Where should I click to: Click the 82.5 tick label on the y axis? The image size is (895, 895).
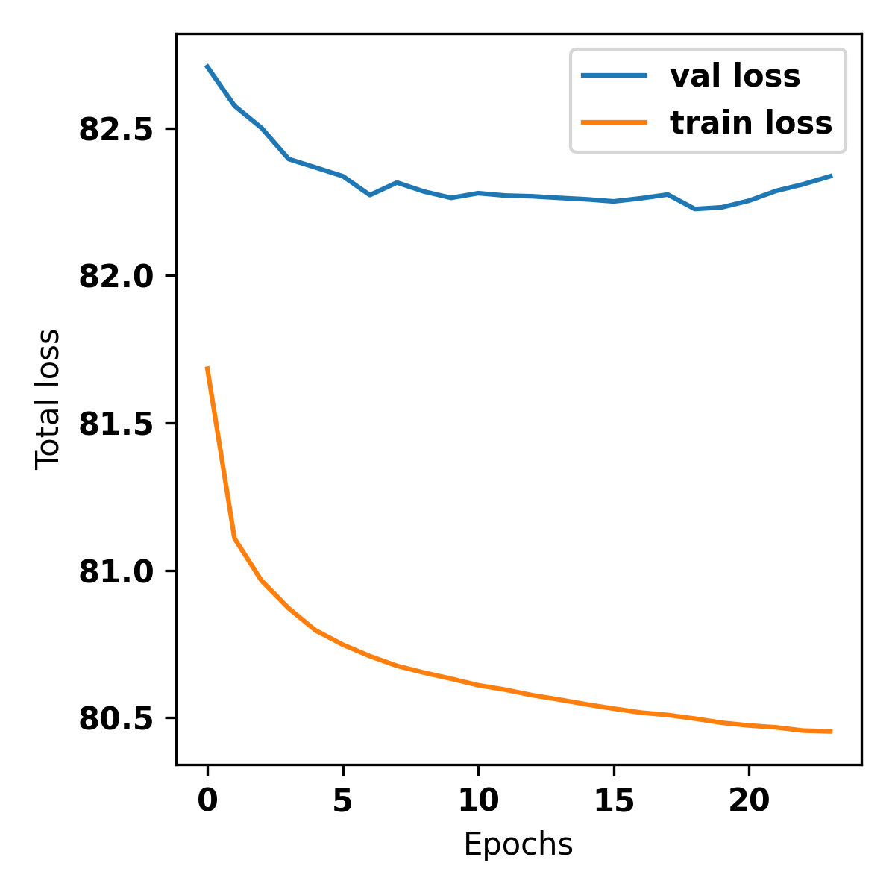coord(116,130)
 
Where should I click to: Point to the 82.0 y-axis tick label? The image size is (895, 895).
coord(116,277)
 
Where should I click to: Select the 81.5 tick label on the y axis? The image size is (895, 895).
coord(116,424)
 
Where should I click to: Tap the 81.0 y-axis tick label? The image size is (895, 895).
coord(116,571)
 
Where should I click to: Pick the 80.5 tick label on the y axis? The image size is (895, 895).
coord(116,718)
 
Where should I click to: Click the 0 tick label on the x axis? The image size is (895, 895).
coord(207,801)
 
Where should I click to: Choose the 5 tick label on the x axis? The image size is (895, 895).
coord(343,801)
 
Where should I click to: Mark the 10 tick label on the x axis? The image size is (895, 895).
coord(478,801)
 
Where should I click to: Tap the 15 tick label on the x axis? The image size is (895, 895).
coord(614,801)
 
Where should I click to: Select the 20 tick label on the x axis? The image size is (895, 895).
coord(749,801)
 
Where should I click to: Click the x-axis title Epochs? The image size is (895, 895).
coord(518,845)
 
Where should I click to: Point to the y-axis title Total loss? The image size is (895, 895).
coord(48,399)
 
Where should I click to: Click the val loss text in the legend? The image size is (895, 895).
coord(735,76)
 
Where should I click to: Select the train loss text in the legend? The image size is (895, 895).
coord(751,123)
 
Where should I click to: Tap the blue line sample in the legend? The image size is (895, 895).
coord(615,75)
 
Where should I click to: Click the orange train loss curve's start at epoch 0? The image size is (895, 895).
coord(207,368)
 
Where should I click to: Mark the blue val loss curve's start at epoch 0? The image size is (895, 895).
coord(207,66)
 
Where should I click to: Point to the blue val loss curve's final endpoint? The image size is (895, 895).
coord(831,176)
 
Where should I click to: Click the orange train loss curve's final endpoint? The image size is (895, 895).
coord(831,732)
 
